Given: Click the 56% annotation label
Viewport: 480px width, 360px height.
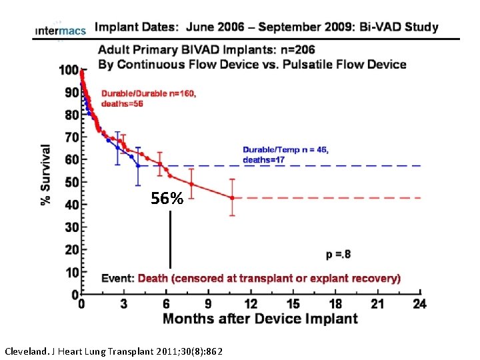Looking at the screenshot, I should (167, 199).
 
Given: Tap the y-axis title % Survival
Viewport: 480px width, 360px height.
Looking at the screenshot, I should (47, 175).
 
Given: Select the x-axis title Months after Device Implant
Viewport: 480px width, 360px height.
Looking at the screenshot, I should (260, 319).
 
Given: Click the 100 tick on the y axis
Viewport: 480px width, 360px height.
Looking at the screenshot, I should (68, 70).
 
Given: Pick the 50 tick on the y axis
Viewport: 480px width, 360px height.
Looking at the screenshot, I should (71, 182).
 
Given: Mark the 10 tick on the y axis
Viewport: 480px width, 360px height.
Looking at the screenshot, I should (71, 272).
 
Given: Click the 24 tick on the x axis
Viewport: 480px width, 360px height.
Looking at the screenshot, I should (418, 304).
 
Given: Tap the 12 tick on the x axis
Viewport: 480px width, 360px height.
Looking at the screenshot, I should (250, 304).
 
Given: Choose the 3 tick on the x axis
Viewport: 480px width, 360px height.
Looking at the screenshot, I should (123, 304).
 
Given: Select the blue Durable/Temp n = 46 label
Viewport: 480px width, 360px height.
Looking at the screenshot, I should (285, 150).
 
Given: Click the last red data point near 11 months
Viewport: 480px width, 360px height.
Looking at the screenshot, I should (232, 197).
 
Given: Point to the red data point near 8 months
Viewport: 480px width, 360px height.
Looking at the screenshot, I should (191, 184).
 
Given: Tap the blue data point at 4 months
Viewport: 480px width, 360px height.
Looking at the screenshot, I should (138, 165).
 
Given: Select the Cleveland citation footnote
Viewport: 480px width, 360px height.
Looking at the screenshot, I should (113, 350).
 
